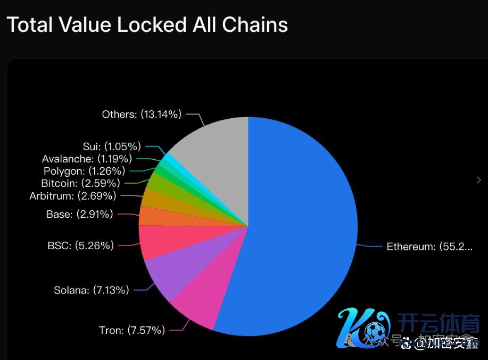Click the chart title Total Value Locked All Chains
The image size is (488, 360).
coord(147,24)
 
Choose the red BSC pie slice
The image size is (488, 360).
coord(160,240)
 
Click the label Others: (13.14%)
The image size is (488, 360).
coord(142,114)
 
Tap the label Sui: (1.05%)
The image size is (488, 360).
coord(112,146)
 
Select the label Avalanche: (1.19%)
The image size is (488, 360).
coord(87,159)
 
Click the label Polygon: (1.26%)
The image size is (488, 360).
coord(84,171)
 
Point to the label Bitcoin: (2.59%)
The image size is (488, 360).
coord(80,183)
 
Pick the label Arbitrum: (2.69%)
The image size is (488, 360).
coord(73,196)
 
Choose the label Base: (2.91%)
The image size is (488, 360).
coord(80,215)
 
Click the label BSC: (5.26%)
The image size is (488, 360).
coord(80,246)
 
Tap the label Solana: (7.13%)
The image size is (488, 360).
coord(92,290)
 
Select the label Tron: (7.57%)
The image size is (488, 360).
coord(132,330)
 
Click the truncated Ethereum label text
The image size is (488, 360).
coord(429,247)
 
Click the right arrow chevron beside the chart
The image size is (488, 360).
coord(478,180)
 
